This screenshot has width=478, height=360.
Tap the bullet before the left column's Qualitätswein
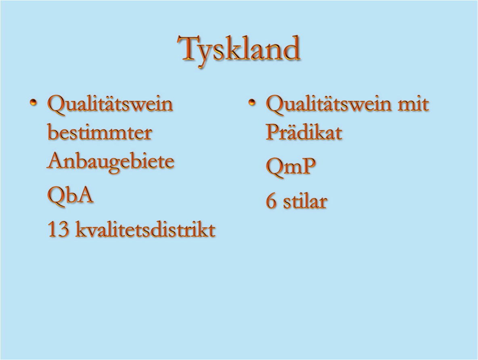click(34, 103)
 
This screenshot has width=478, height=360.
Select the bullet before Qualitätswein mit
click(252, 103)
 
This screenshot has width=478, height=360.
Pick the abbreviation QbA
click(70, 195)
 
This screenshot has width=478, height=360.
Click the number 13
click(58, 229)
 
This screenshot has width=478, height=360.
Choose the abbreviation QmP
click(291, 167)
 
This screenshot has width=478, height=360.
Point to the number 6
click(271, 201)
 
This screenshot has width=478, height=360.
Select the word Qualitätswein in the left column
click(110, 104)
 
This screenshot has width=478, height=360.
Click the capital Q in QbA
click(57, 196)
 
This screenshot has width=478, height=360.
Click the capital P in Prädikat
click(273, 132)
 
